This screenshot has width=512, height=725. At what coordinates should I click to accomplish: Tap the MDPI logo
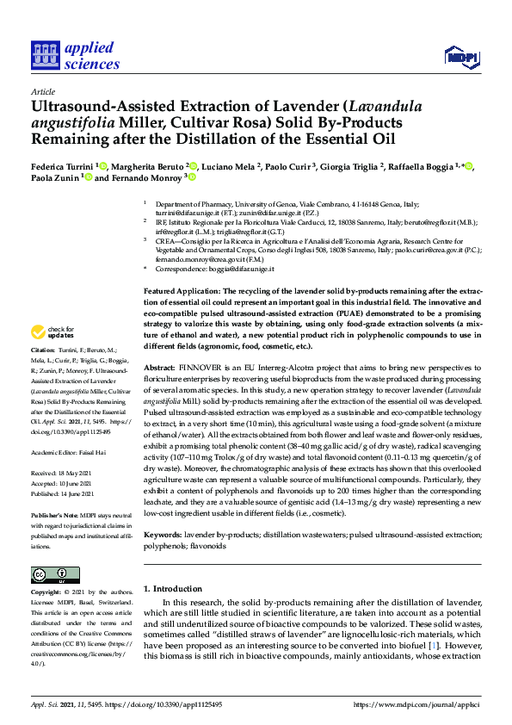(460, 58)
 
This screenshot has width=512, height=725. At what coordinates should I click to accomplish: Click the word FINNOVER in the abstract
(205, 392)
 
